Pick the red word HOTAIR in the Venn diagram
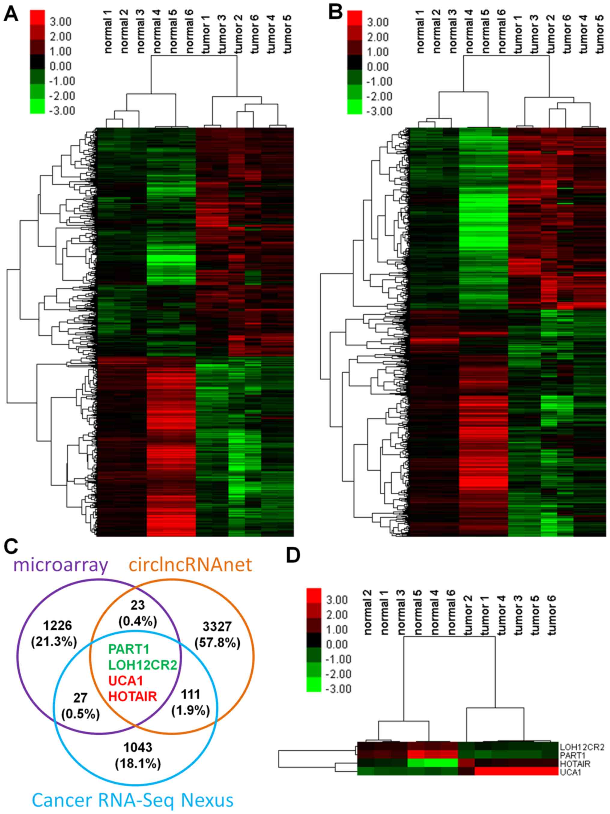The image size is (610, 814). click(133, 696)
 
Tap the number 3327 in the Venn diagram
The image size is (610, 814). click(217, 626)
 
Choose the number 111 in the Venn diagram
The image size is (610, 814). click(191, 694)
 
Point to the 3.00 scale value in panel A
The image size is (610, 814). click(61, 22)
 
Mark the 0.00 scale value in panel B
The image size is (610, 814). click(378, 67)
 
